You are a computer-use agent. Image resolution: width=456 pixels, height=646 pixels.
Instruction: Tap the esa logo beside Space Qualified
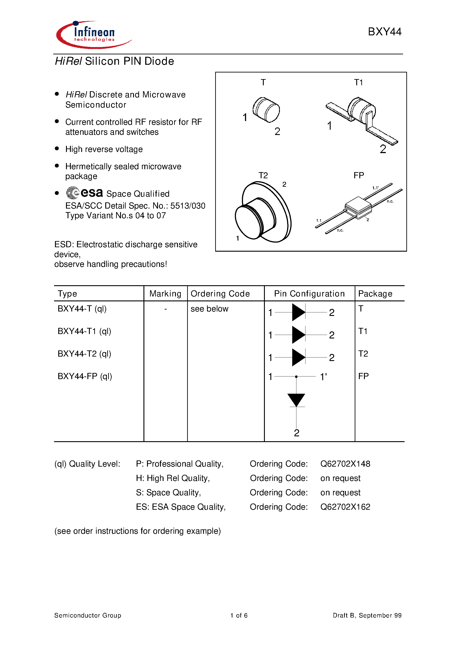(84, 193)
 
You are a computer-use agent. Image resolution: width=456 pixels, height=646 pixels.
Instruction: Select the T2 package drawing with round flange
(263, 212)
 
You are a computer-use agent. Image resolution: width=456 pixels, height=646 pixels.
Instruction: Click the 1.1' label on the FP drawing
(375, 188)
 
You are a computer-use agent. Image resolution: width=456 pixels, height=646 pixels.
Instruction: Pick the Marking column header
(165, 293)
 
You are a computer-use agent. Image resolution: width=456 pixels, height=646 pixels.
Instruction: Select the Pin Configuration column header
(309, 293)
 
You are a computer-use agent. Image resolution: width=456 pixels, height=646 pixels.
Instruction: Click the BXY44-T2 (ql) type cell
(84, 354)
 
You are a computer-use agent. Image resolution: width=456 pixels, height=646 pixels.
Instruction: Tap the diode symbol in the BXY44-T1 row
(299, 335)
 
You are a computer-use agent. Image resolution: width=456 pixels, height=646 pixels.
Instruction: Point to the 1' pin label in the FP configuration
(323, 376)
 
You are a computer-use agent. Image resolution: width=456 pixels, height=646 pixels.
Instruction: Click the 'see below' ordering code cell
(209, 309)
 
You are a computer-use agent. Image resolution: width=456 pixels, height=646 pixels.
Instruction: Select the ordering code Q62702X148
(345, 464)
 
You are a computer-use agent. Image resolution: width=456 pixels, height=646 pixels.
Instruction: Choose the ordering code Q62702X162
(345, 507)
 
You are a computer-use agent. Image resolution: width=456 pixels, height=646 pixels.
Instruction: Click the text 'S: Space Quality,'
(168, 492)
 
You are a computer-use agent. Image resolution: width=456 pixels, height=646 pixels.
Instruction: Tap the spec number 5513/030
(188, 206)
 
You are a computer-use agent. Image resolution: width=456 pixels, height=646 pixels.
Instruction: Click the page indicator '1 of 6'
(239, 615)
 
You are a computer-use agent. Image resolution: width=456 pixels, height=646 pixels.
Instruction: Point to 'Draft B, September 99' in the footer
(367, 615)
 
